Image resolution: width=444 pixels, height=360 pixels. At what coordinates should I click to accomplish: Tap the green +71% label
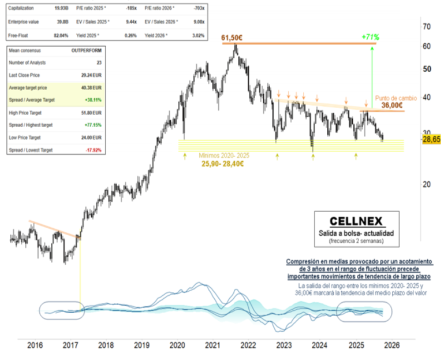[x=371, y=37]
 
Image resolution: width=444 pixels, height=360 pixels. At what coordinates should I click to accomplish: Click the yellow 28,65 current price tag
[x=431, y=140]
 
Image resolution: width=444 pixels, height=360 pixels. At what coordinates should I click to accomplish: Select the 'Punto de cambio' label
[x=396, y=97]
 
